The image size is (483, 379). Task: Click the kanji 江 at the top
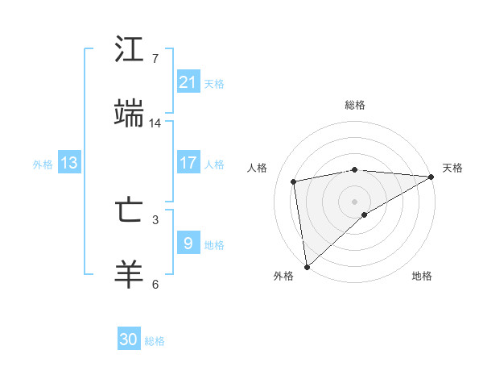130,49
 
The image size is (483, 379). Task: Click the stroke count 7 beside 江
155,59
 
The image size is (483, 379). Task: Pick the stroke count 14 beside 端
155,123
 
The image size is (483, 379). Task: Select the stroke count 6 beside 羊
155,284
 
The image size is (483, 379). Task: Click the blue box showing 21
188,82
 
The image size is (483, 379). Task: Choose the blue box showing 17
188,163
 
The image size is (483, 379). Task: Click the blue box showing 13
69,163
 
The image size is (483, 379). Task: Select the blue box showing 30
129,339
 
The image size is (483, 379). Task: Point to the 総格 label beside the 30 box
155,341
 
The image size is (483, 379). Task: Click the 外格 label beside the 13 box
43,164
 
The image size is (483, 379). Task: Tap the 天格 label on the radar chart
452,168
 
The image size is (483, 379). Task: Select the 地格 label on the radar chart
422,276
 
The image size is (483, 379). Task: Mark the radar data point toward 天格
432,177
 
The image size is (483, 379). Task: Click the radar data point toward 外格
307,267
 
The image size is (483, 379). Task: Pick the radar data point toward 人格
294,181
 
